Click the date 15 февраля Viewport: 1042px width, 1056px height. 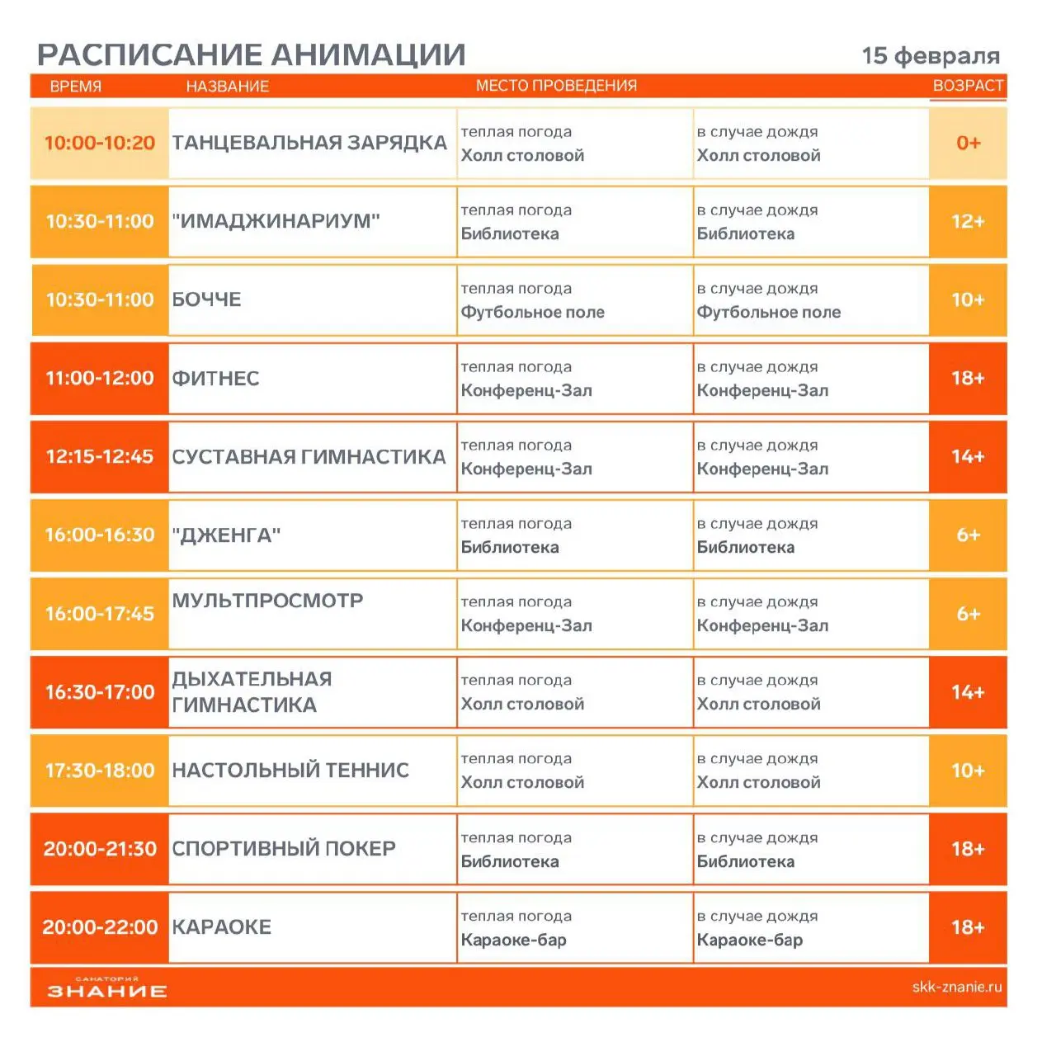click(x=930, y=56)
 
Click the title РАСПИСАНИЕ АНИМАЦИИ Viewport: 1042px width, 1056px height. click(x=252, y=55)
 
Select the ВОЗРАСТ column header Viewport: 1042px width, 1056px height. click(x=967, y=86)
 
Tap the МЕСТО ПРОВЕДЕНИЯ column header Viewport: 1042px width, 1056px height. click(x=556, y=86)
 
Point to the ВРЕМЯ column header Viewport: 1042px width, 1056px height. click(x=75, y=87)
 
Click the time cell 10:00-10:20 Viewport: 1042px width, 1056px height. click(x=100, y=143)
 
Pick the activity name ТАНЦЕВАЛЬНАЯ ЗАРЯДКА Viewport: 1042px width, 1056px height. click(x=309, y=143)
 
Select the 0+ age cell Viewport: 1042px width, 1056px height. click(x=968, y=143)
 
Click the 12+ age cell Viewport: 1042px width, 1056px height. click(x=968, y=221)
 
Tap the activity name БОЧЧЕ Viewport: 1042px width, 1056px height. click(x=206, y=299)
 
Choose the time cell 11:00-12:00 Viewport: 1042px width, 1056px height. click(x=100, y=378)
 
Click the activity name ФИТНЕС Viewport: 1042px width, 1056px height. click(x=215, y=379)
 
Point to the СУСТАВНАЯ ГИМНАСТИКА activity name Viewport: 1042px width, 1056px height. click(x=309, y=456)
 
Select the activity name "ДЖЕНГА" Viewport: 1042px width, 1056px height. click(x=226, y=535)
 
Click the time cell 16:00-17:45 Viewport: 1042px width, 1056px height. click(x=100, y=614)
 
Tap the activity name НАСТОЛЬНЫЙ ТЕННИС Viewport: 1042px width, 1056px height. click(x=290, y=771)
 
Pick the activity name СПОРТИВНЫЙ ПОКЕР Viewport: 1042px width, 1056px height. click(x=284, y=849)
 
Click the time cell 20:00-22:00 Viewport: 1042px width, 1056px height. click(x=100, y=927)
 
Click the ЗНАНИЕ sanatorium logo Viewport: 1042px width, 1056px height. click(x=106, y=988)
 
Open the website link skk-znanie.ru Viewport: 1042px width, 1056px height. click(x=956, y=987)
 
